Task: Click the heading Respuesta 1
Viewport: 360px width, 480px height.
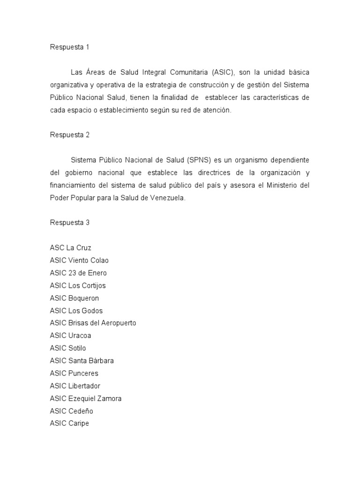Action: [69, 47]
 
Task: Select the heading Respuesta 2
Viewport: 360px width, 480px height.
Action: [69, 135]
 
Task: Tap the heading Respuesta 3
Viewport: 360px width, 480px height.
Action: [69, 223]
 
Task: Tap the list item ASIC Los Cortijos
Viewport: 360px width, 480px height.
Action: [78, 285]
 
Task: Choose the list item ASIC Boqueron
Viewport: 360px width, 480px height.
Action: [74, 298]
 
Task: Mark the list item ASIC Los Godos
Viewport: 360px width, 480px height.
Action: [76, 311]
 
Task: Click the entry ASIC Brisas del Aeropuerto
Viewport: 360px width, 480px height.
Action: [93, 323]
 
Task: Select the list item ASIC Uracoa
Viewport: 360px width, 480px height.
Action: [71, 336]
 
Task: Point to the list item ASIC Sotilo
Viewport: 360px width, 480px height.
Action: [68, 348]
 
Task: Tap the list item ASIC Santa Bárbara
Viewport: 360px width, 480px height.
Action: [82, 361]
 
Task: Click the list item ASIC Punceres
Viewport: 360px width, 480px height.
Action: [74, 374]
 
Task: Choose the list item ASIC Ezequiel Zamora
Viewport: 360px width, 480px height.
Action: [86, 398]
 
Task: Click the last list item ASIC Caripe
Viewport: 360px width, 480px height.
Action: [69, 424]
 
